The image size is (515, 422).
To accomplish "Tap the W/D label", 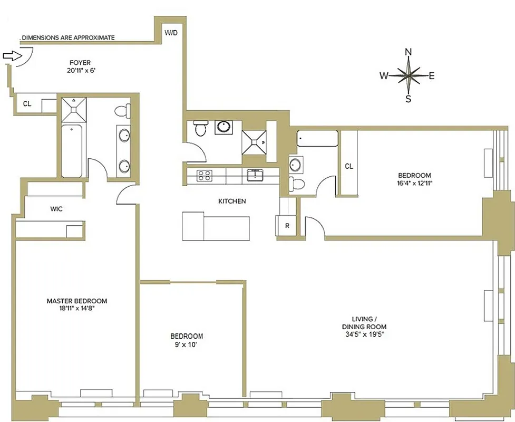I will tap(171, 33).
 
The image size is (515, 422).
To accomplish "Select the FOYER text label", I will tap(79, 63).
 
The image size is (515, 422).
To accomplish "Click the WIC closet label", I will tap(56, 209).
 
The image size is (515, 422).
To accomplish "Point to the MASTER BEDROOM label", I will tap(76, 301).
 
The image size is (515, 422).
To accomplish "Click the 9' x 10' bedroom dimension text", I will tap(186, 344).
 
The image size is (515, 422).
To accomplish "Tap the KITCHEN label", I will tap(232, 201).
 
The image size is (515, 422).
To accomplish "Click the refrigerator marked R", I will tap(287, 225).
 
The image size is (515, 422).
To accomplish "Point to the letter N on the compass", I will tap(408, 52).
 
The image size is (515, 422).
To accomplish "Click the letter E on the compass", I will tap(431, 76).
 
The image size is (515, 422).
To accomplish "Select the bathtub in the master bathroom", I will tap(72, 151).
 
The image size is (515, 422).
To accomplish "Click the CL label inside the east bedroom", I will tap(349, 166).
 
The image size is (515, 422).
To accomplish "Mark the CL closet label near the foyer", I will tap(27, 104).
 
